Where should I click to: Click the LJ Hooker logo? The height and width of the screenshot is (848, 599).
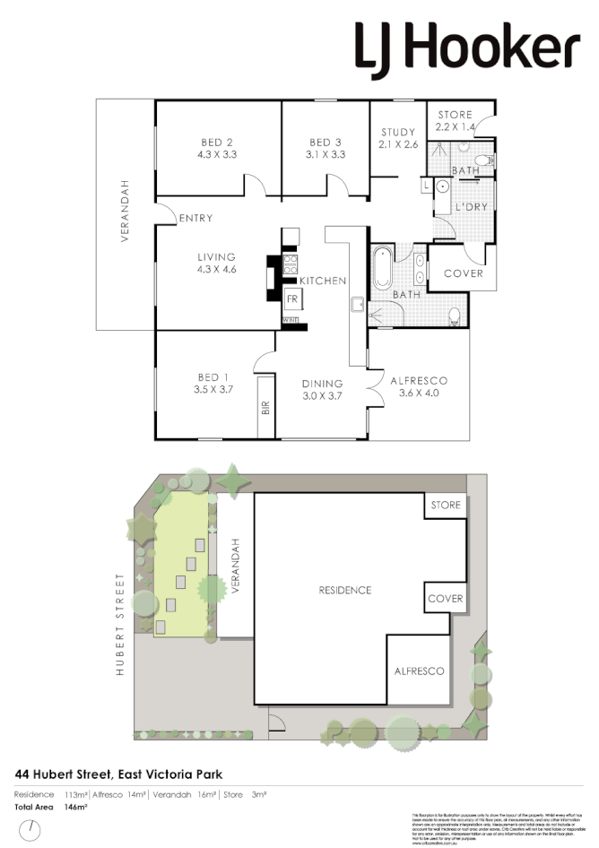(x=467, y=48)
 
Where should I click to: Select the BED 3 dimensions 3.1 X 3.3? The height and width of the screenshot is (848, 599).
(x=326, y=154)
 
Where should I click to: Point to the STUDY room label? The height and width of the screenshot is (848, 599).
(x=397, y=133)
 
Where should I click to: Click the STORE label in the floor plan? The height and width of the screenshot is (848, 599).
(x=455, y=114)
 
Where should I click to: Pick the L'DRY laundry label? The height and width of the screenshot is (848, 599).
(x=470, y=208)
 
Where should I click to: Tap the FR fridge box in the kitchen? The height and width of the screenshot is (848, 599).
(x=292, y=299)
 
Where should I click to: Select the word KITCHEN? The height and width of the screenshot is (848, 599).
(x=323, y=281)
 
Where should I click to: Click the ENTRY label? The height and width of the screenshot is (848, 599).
(x=195, y=219)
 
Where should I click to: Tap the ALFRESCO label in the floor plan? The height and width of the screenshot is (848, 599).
(x=418, y=381)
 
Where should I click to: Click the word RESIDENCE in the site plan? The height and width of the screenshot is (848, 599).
(x=345, y=590)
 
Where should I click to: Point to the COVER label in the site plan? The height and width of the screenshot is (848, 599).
(x=445, y=599)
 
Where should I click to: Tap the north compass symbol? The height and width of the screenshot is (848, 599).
(x=32, y=830)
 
